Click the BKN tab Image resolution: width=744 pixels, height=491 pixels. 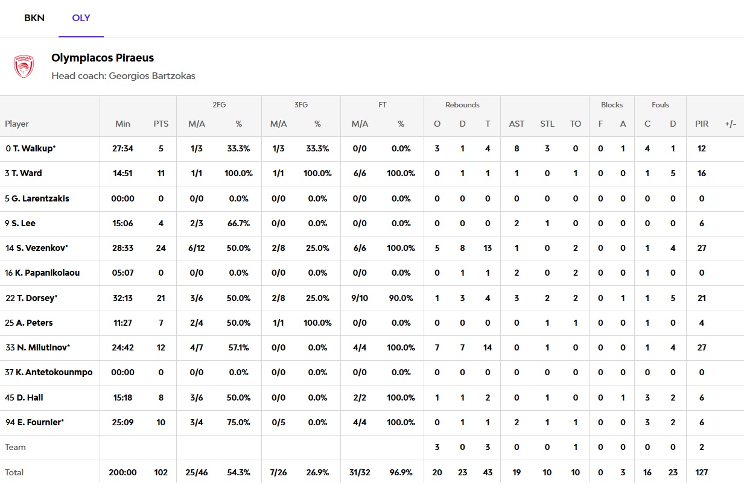[34, 18]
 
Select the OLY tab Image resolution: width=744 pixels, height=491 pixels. [81, 18]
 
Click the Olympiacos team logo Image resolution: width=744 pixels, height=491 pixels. [24, 66]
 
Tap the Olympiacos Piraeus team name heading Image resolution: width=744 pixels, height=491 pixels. [103, 58]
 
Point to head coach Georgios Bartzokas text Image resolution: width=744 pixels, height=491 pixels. [123, 76]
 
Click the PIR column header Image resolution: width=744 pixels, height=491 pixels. [701, 124]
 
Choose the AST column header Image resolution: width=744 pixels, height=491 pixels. [517, 124]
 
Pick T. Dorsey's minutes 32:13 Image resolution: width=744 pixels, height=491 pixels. [122, 298]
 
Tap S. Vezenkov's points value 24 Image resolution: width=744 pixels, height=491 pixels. [161, 248]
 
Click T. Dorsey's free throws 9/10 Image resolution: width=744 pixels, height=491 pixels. [360, 298]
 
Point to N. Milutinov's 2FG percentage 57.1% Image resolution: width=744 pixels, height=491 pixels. [238, 347]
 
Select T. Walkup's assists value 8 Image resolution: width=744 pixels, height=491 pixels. [517, 148]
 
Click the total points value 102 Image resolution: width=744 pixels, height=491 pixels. [161, 472]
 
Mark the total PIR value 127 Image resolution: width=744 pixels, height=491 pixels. [701, 472]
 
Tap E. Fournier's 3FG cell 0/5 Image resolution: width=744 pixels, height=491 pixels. [278, 422]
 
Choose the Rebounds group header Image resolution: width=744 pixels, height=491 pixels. [462, 105]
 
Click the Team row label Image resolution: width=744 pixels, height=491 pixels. [16, 447]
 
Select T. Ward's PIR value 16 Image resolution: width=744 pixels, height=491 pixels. [701, 173]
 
